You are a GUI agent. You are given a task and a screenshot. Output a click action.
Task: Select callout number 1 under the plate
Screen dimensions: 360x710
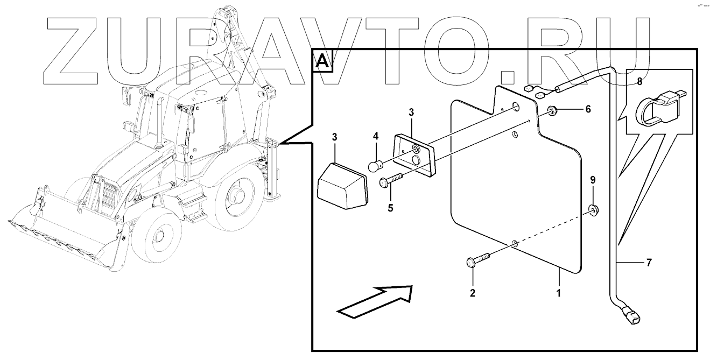(559, 294)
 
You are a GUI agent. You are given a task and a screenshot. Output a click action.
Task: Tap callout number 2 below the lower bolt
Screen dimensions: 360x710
(473, 293)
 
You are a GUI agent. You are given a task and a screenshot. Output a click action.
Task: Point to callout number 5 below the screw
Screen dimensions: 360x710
(390, 207)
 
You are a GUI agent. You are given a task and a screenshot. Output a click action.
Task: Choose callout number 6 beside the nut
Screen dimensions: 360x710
(588, 109)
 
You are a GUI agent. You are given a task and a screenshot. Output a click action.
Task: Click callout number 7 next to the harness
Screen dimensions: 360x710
(649, 263)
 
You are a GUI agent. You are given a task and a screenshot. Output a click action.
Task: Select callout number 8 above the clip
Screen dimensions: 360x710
(639, 82)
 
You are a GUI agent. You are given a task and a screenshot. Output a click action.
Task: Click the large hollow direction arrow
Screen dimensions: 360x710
(375, 300)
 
